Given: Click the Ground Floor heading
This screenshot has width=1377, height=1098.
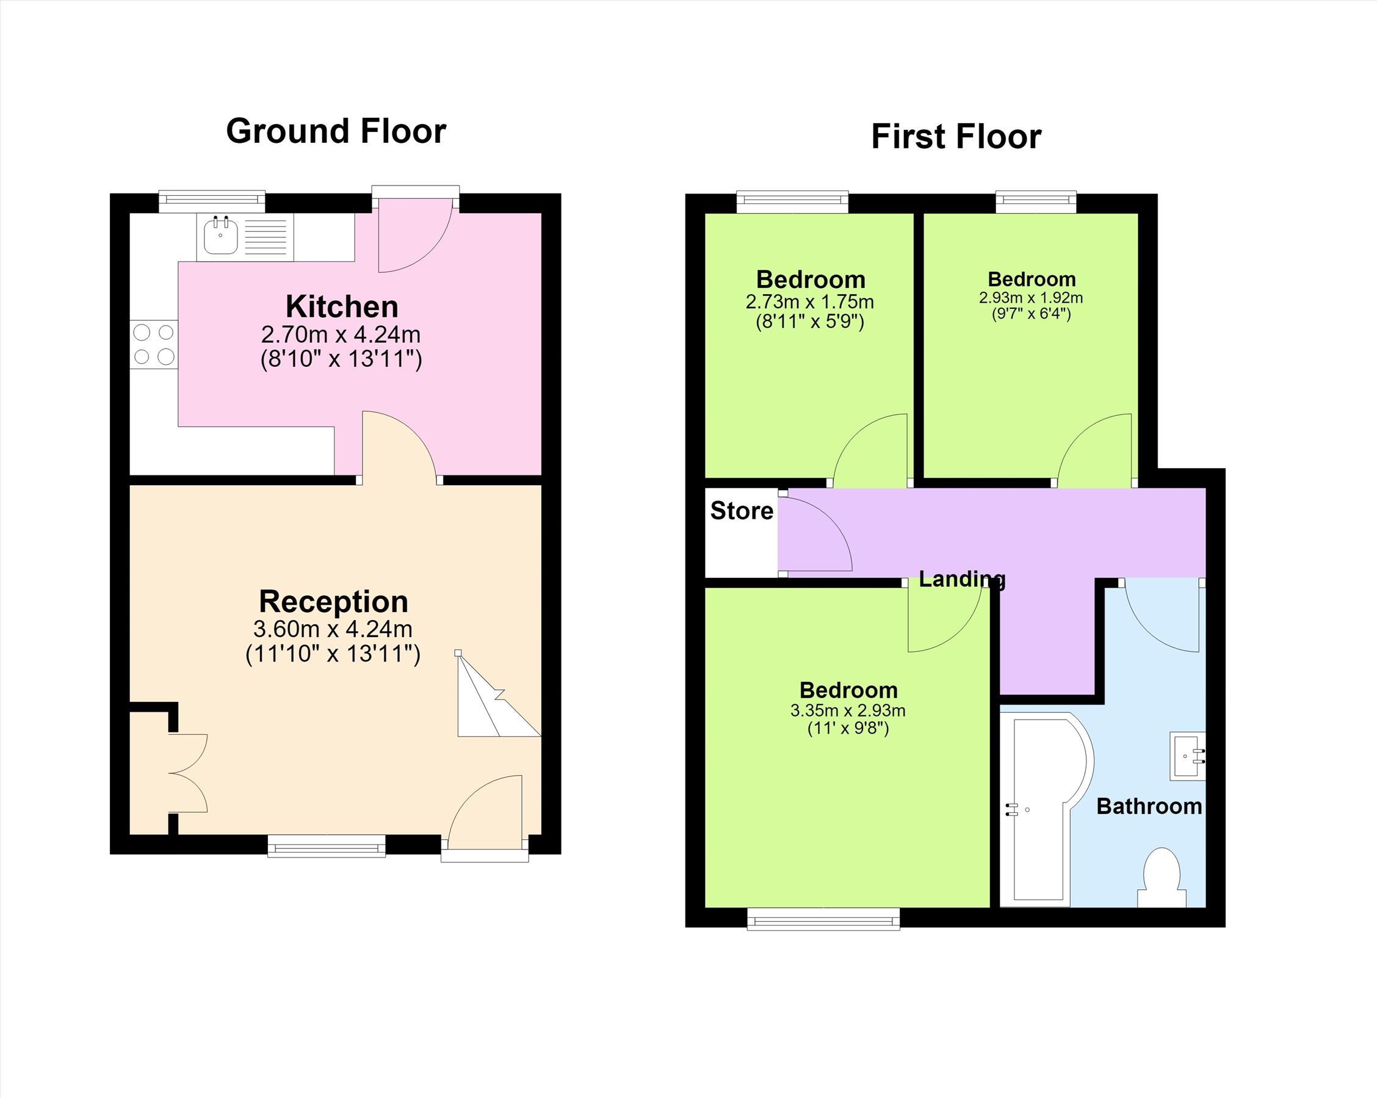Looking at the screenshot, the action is (x=336, y=132).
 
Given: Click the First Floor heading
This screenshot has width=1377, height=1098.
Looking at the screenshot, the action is (x=956, y=137).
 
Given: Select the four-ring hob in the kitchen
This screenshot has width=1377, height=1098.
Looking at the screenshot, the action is (x=154, y=344).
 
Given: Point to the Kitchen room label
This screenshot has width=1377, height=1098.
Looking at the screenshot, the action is (x=342, y=306).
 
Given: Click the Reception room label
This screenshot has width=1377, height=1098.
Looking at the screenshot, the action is (x=333, y=601).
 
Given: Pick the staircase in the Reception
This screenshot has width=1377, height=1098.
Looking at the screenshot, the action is (x=499, y=694).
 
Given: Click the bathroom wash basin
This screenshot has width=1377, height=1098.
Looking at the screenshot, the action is (x=1187, y=756).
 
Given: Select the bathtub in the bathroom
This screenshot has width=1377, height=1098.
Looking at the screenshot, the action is (x=1046, y=809).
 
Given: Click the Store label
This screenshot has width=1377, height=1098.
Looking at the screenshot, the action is (x=742, y=510).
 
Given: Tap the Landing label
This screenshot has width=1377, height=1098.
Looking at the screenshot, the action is (x=963, y=579).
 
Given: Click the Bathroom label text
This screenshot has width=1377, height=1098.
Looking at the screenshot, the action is (x=1149, y=806).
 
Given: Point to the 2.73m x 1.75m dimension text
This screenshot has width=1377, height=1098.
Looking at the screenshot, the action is (x=810, y=302).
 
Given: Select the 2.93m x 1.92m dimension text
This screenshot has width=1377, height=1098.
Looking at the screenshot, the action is (x=1031, y=298).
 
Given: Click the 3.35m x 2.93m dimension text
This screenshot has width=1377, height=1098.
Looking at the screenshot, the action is (x=848, y=710).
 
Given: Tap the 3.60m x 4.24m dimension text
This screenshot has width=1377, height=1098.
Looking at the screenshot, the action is (x=333, y=629).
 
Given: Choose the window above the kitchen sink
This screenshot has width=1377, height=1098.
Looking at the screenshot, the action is (x=211, y=201).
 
